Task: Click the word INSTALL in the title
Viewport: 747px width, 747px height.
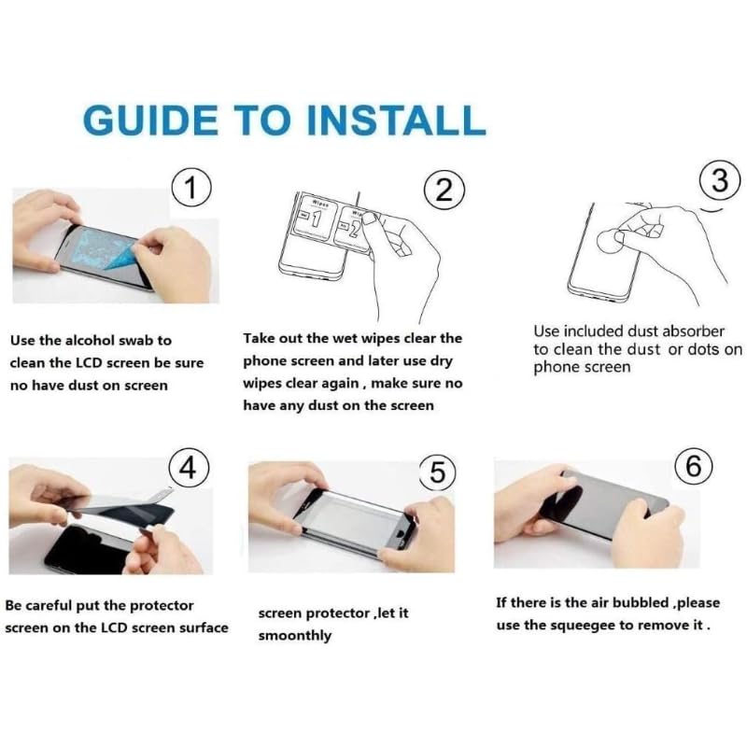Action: pos(396,120)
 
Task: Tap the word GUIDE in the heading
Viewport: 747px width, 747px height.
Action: pos(150,120)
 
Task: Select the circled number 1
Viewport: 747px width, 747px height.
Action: pos(190,188)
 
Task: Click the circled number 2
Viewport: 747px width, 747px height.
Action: pos(444,190)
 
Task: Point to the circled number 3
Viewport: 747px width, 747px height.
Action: pos(720,181)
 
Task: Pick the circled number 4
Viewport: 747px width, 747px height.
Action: pos(189,468)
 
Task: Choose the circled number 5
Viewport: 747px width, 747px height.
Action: pos(437,472)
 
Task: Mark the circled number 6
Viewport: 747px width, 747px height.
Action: pos(694,465)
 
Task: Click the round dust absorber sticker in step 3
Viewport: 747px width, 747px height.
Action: pos(611,242)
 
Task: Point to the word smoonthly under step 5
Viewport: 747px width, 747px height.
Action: pos(295,636)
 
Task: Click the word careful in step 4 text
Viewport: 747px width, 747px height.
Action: pos(50,605)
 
